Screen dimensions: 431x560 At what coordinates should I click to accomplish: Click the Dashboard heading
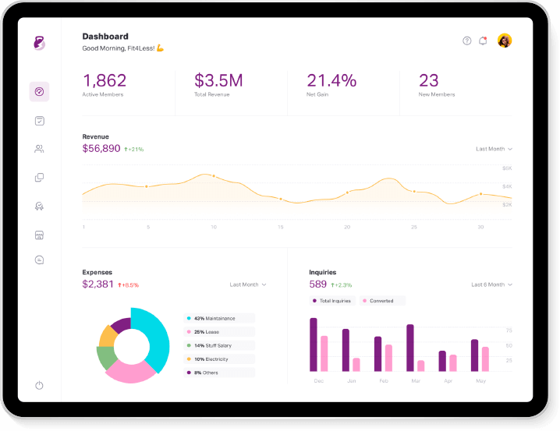tap(105, 37)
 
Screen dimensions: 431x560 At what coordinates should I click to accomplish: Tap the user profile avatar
tap(505, 41)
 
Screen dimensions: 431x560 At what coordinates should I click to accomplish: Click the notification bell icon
tap(483, 41)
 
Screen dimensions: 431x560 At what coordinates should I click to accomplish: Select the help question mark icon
tap(467, 41)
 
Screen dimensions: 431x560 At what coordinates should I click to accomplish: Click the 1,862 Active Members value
tap(104, 80)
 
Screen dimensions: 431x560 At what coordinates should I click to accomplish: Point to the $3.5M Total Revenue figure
tap(218, 80)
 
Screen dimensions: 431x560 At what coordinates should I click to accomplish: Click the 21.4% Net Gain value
tap(331, 80)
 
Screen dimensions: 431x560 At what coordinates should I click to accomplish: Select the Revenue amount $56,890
tap(101, 148)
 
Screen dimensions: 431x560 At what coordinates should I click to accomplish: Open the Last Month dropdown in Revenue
tap(494, 149)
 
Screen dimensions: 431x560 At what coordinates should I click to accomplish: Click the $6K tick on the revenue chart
tap(507, 168)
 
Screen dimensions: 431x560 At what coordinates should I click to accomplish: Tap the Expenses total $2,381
tap(98, 284)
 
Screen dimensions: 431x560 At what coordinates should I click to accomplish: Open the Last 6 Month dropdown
tap(492, 285)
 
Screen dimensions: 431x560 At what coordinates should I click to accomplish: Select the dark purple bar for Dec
tap(314, 344)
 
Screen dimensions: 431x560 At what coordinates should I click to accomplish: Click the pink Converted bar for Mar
tap(421, 366)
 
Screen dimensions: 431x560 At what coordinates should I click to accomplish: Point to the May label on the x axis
tap(480, 381)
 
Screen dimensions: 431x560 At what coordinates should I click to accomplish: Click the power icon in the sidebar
tap(40, 385)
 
